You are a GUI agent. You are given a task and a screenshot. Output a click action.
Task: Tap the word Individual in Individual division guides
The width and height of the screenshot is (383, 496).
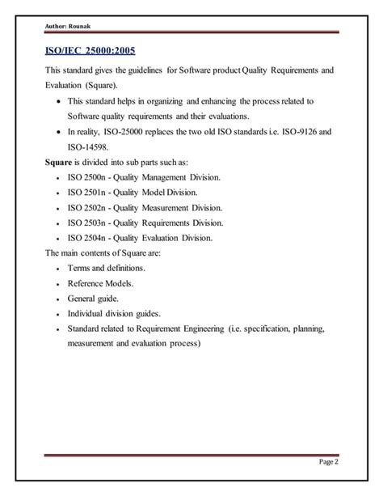tap(88, 315)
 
